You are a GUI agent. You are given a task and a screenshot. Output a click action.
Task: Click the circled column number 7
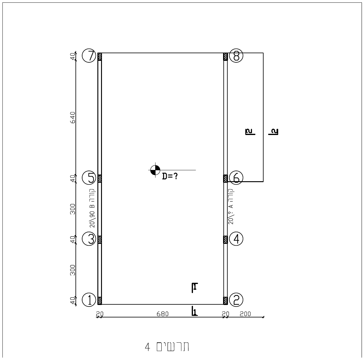point(89,56)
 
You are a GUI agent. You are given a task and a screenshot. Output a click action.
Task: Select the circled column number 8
point(236,56)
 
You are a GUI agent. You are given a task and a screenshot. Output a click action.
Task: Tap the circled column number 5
point(89,178)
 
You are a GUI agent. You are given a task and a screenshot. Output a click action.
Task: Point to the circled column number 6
point(236,178)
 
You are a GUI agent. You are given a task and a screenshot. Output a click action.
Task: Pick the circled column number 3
point(89,239)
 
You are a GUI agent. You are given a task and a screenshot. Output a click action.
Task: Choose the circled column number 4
point(236,239)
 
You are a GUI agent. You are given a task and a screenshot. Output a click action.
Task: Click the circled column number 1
point(89,300)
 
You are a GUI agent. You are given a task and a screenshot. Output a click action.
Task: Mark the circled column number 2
point(236,300)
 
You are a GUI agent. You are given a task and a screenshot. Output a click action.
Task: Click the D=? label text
point(170,177)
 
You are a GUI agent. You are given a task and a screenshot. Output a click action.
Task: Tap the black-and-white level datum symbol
point(155,170)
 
